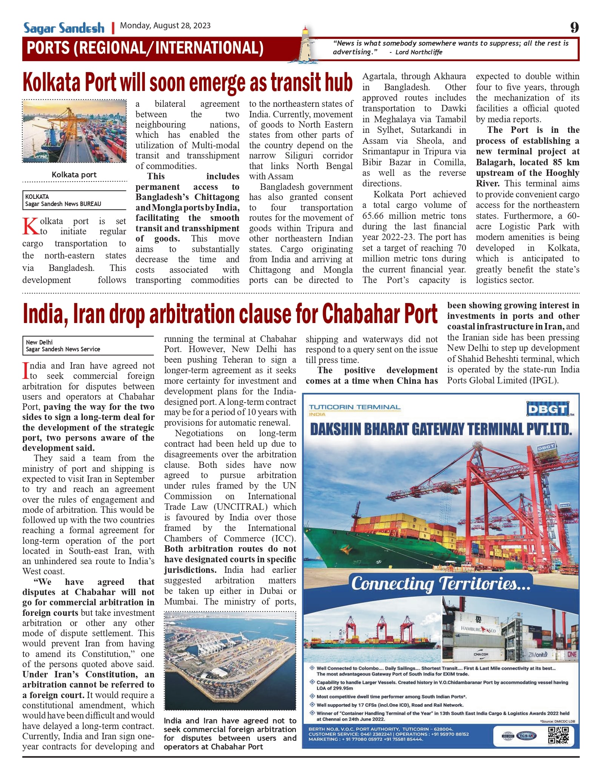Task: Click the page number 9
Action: [x=574, y=27]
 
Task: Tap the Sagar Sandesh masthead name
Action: [x=64, y=28]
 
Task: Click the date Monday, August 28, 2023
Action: [x=165, y=26]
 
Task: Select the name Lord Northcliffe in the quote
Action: [x=419, y=52]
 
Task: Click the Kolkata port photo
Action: [x=74, y=131]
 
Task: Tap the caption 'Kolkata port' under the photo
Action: [x=74, y=175]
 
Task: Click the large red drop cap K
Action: [x=30, y=226]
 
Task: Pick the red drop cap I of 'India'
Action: [x=26, y=371]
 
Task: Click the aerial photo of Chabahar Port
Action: [x=230, y=660]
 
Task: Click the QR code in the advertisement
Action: [x=559, y=735]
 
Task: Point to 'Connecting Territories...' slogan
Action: [x=441, y=584]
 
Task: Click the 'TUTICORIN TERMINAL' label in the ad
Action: [x=354, y=407]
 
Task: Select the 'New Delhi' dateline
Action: [x=39, y=342]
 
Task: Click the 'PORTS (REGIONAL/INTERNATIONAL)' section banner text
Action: [x=145, y=48]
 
